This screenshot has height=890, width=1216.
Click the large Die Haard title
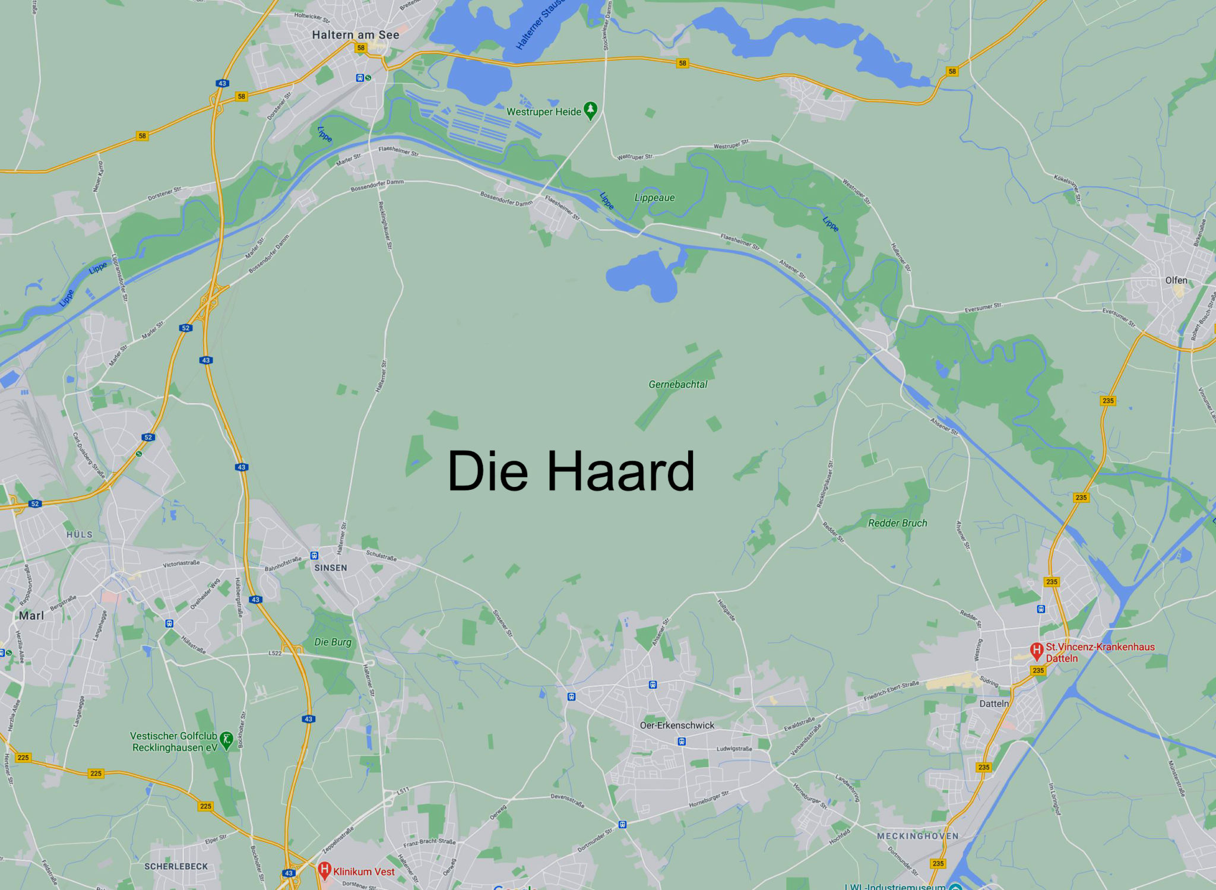tap(571, 471)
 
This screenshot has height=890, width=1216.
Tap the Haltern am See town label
tap(355, 35)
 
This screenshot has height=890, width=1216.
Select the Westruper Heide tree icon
tap(590, 110)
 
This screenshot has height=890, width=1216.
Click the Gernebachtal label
tap(677, 385)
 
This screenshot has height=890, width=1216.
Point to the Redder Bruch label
tap(897, 523)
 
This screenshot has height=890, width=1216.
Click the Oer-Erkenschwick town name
tap(677, 726)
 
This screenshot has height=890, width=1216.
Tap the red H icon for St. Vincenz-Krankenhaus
tap(1037, 651)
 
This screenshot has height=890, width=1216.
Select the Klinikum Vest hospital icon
tap(324, 870)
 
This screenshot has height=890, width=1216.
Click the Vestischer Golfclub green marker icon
tap(226, 740)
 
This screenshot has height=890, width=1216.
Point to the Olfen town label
tap(1176, 280)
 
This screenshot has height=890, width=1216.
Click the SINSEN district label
tap(331, 568)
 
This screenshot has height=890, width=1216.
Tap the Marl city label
tap(31, 616)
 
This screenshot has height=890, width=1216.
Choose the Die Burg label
tap(332, 642)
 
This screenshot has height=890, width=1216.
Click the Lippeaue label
tap(654, 198)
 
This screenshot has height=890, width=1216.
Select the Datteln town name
tap(994, 704)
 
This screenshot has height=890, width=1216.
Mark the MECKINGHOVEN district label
tap(917, 836)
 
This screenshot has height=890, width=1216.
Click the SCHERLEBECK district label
tap(176, 866)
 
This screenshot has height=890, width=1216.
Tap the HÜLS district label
tap(80, 534)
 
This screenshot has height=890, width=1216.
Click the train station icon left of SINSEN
tap(314, 556)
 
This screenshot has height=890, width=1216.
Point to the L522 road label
tap(275, 653)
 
